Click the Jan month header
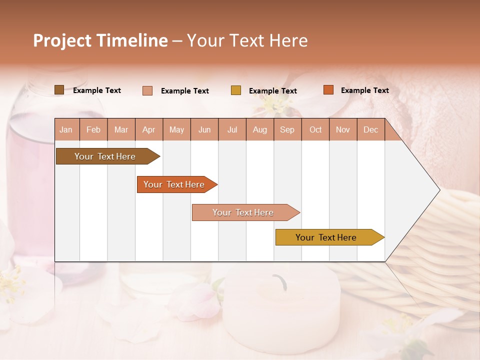pyautogui.click(x=66, y=130)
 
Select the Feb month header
pyautogui.click(x=93, y=130)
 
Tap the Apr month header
pyautogui.click(x=148, y=130)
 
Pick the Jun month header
pyautogui.click(x=204, y=130)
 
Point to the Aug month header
pyautogui.click(x=259, y=130)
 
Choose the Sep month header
pyautogui.click(x=287, y=130)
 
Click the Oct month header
pyautogui.click(x=315, y=130)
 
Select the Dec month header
pyautogui.click(x=370, y=130)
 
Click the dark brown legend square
pyautogui.click(x=59, y=90)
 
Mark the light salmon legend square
pyautogui.click(x=147, y=90)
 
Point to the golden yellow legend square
pyautogui.click(x=236, y=90)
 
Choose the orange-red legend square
pyautogui.click(x=328, y=90)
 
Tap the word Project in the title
pyautogui.click(x=62, y=40)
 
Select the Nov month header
pyautogui.click(x=342, y=130)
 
